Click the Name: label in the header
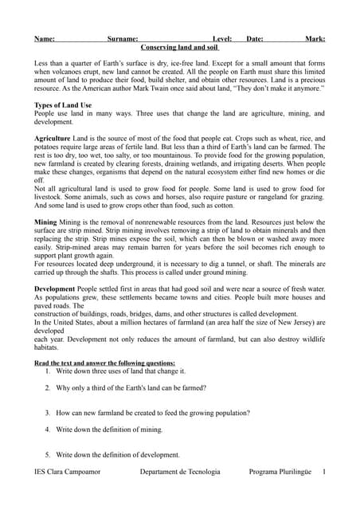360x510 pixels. click(45, 38)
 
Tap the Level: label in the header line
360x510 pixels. click(222, 38)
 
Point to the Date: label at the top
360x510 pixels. click(255, 38)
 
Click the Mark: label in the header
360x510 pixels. click(315, 38)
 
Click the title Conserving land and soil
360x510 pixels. click(180, 48)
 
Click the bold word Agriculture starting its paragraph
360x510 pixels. click(53, 138)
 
